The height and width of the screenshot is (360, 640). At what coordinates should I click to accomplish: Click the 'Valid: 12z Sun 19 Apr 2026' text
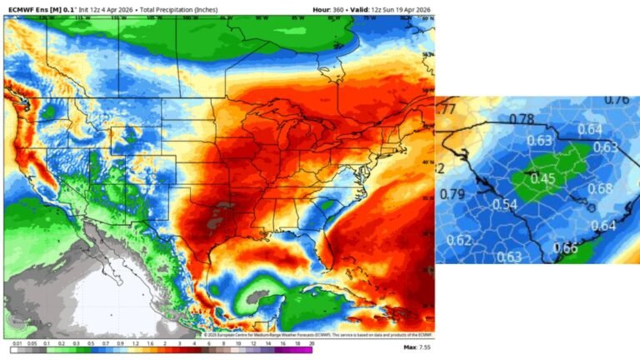pos(392,8)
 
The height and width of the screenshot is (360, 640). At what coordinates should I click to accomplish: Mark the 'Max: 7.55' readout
pos(415,347)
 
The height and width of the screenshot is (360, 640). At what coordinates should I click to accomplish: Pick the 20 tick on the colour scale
pos(311,342)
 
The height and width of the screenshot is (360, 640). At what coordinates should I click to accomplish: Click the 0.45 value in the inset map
pos(542,177)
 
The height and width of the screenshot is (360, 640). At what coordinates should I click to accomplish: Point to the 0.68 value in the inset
pos(599,187)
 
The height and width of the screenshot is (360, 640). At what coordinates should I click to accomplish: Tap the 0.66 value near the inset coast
pos(565,247)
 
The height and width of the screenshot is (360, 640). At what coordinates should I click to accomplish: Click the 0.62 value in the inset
pos(459,241)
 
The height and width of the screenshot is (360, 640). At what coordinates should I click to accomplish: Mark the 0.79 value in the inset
pos(452,195)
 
